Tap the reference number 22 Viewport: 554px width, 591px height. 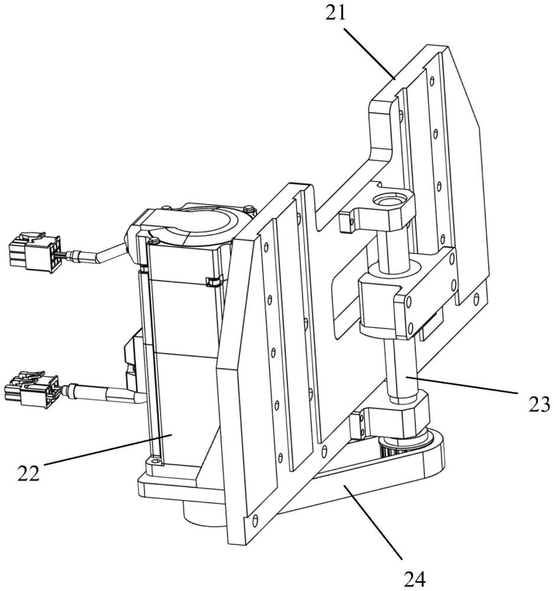coord(28,473)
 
